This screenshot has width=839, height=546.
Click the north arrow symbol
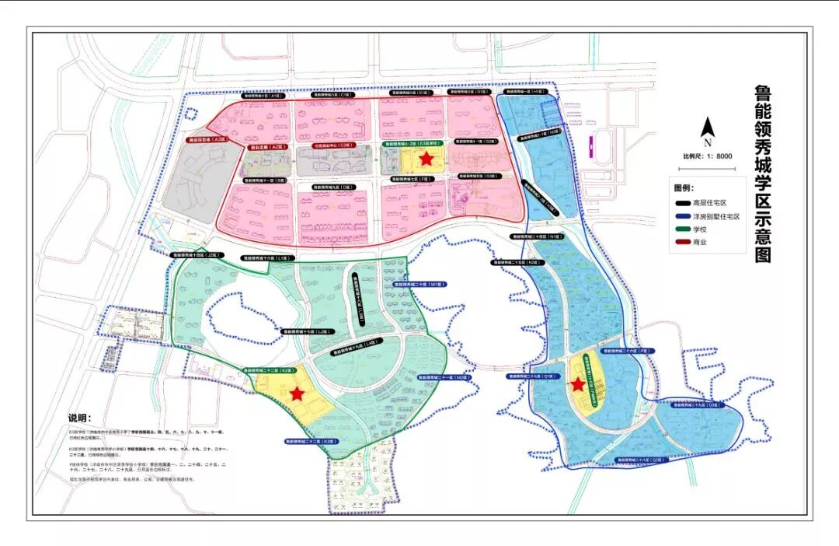click(707, 131)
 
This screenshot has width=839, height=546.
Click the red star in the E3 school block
click(425, 159)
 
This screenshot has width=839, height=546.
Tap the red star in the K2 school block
click(297, 394)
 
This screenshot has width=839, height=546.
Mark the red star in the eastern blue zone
click(578, 383)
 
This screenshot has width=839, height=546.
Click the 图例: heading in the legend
click(683, 188)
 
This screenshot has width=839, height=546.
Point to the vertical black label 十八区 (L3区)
click(360, 299)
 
